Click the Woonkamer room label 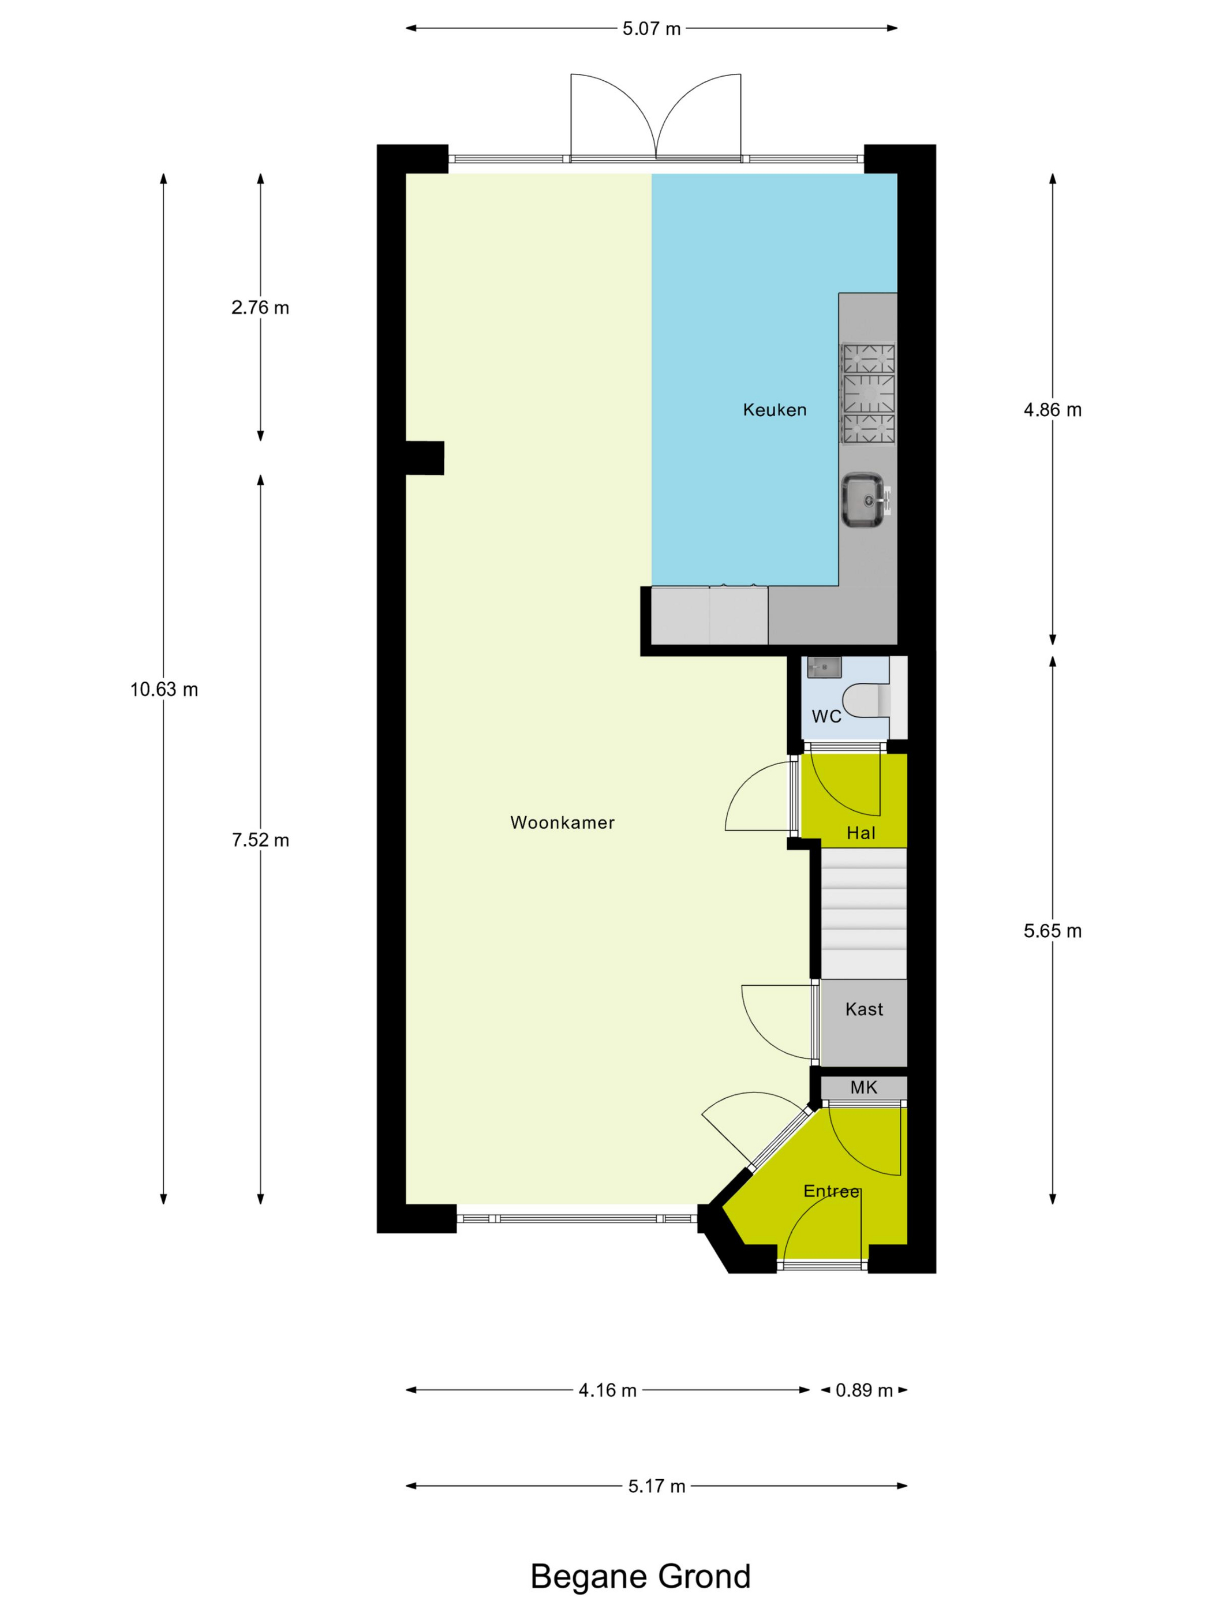(x=562, y=822)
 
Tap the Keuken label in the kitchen (x=775, y=410)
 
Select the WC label (x=826, y=717)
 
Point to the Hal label (x=861, y=833)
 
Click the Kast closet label (x=863, y=1009)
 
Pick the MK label (x=863, y=1087)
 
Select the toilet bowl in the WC (x=867, y=701)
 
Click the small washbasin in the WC (x=824, y=667)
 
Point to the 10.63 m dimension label (x=164, y=690)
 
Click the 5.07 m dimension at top (x=651, y=28)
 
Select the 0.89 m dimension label (x=864, y=1390)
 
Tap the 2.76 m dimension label (x=260, y=308)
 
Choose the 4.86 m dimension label (x=1052, y=410)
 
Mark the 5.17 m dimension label (x=657, y=1486)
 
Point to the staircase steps (x=863, y=913)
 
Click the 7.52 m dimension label (x=260, y=840)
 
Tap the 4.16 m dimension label (x=607, y=1390)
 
